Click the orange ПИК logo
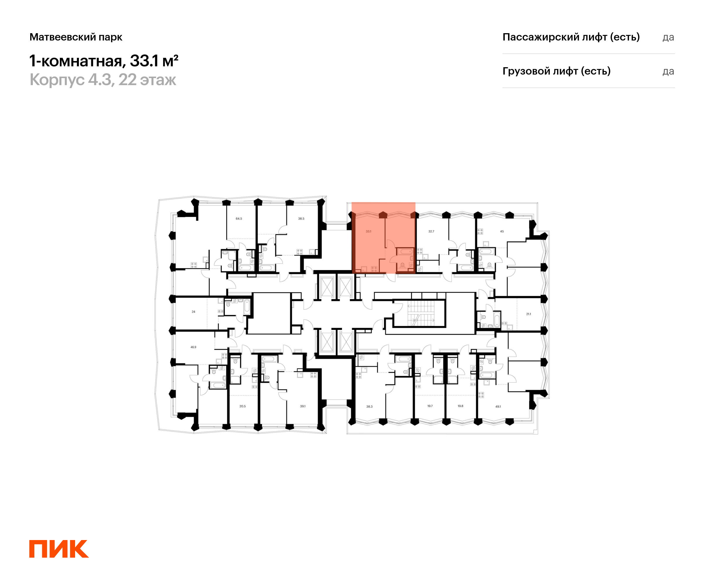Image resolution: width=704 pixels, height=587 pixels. (x=59, y=549)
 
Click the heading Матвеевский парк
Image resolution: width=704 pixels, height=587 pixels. (x=76, y=37)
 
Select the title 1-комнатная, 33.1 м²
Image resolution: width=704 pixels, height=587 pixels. (x=104, y=61)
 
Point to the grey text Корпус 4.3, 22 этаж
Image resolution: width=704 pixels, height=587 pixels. (x=103, y=80)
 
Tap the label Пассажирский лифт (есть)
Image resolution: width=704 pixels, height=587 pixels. (x=571, y=37)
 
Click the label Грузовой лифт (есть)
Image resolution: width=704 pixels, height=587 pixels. (x=556, y=71)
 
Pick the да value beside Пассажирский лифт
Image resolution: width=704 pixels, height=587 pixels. (x=668, y=37)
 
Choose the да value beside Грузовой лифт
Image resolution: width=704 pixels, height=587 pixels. (x=668, y=71)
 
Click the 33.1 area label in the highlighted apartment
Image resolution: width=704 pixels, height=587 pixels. (x=368, y=232)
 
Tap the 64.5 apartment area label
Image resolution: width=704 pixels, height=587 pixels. (x=239, y=219)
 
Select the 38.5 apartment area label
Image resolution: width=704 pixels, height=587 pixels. (x=301, y=219)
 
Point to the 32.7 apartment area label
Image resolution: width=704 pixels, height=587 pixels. (x=431, y=232)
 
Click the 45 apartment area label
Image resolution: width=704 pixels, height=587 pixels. (x=502, y=232)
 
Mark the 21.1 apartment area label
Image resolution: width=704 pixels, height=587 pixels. (x=528, y=314)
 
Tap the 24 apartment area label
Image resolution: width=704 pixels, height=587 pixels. (x=193, y=312)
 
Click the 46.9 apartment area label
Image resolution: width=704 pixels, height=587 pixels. (x=193, y=347)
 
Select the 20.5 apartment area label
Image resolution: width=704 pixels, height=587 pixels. (x=242, y=406)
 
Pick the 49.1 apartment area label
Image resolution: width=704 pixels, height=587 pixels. (x=498, y=406)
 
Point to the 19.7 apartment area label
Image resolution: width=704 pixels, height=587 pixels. (x=430, y=406)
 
